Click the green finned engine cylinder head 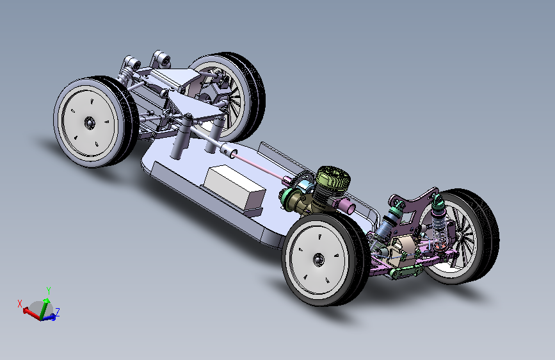coord(333,179)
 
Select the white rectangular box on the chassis coord(235,186)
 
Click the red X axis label coord(20,304)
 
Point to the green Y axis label coord(49,291)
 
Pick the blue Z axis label coord(57,312)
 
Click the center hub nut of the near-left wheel coord(90,122)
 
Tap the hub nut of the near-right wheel coord(318,259)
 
